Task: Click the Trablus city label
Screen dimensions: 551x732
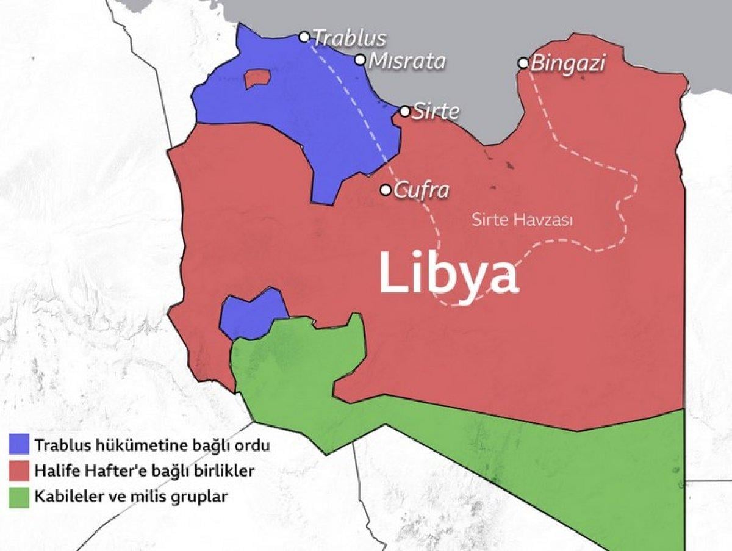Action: pyautogui.click(x=349, y=38)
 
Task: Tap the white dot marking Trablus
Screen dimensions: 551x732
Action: pyautogui.click(x=304, y=37)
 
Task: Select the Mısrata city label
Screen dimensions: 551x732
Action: pyautogui.click(x=407, y=61)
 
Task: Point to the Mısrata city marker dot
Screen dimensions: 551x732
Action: pyautogui.click(x=361, y=60)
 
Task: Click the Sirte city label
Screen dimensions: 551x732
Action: pyautogui.click(x=436, y=112)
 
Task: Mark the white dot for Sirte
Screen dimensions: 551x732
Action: pyautogui.click(x=405, y=111)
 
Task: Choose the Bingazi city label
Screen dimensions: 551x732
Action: pyautogui.click(x=567, y=63)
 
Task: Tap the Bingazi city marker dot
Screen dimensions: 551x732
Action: pyautogui.click(x=523, y=63)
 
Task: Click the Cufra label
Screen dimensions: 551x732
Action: pyautogui.click(x=422, y=190)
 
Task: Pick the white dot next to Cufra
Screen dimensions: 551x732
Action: pyautogui.click(x=386, y=190)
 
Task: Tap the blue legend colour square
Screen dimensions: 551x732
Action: pyautogui.click(x=19, y=444)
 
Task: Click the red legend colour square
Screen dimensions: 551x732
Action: pyautogui.click(x=19, y=470)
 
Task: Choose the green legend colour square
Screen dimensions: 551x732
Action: pyautogui.click(x=19, y=497)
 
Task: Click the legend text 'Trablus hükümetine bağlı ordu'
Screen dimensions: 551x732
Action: pyautogui.click(x=152, y=445)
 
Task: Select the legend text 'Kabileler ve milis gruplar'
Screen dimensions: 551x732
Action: pyautogui.click(x=131, y=497)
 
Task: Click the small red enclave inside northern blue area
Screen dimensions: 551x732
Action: pyautogui.click(x=257, y=79)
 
